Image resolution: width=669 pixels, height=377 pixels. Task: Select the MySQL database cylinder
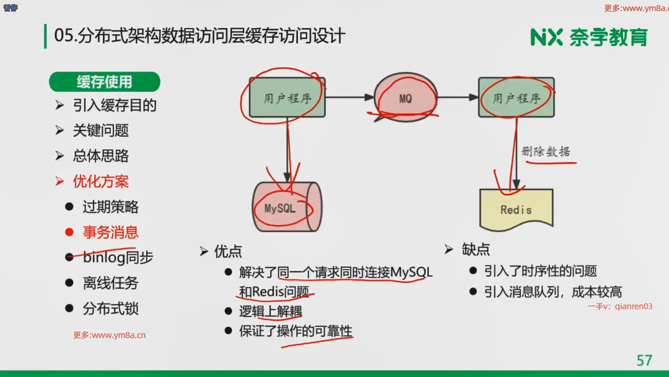pyautogui.click(x=287, y=208)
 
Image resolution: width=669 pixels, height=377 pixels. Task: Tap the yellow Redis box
pyautogui.click(x=516, y=209)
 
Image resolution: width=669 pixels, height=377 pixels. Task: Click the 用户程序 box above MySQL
pyautogui.click(x=287, y=98)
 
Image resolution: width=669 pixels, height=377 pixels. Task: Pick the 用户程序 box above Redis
pyautogui.click(x=516, y=98)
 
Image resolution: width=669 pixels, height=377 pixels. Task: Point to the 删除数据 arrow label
pyautogui.click(x=546, y=152)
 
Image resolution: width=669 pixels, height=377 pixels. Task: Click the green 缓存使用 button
pyautogui.click(x=105, y=82)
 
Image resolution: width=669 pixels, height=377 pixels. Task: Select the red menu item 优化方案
pyautogui.click(x=101, y=182)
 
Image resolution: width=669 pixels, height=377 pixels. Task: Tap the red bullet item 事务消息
pyautogui.click(x=110, y=232)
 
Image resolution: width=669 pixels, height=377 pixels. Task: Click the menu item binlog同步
pyautogui.click(x=118, y=258)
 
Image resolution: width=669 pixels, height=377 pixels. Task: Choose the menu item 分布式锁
pyautogui.click(x=110, y=309)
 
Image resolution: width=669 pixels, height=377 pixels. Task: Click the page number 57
pyautogui.click(x=644, y=360)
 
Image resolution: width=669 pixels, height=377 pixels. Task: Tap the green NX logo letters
pyautogui.click(x=546, y=37)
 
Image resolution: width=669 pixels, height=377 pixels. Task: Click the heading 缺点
pyautogui.click(x=476, y=249)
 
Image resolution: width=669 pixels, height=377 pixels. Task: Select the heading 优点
pyautogui.click(x=228, y=251)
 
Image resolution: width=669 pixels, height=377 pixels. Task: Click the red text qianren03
pyautogui.click(x=633, y=306)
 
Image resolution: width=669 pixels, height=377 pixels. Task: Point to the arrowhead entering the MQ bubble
pyautogui.click(x=370, y=97)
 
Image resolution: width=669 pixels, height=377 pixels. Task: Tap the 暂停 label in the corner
pyautogui.click(x=10, y=8)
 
